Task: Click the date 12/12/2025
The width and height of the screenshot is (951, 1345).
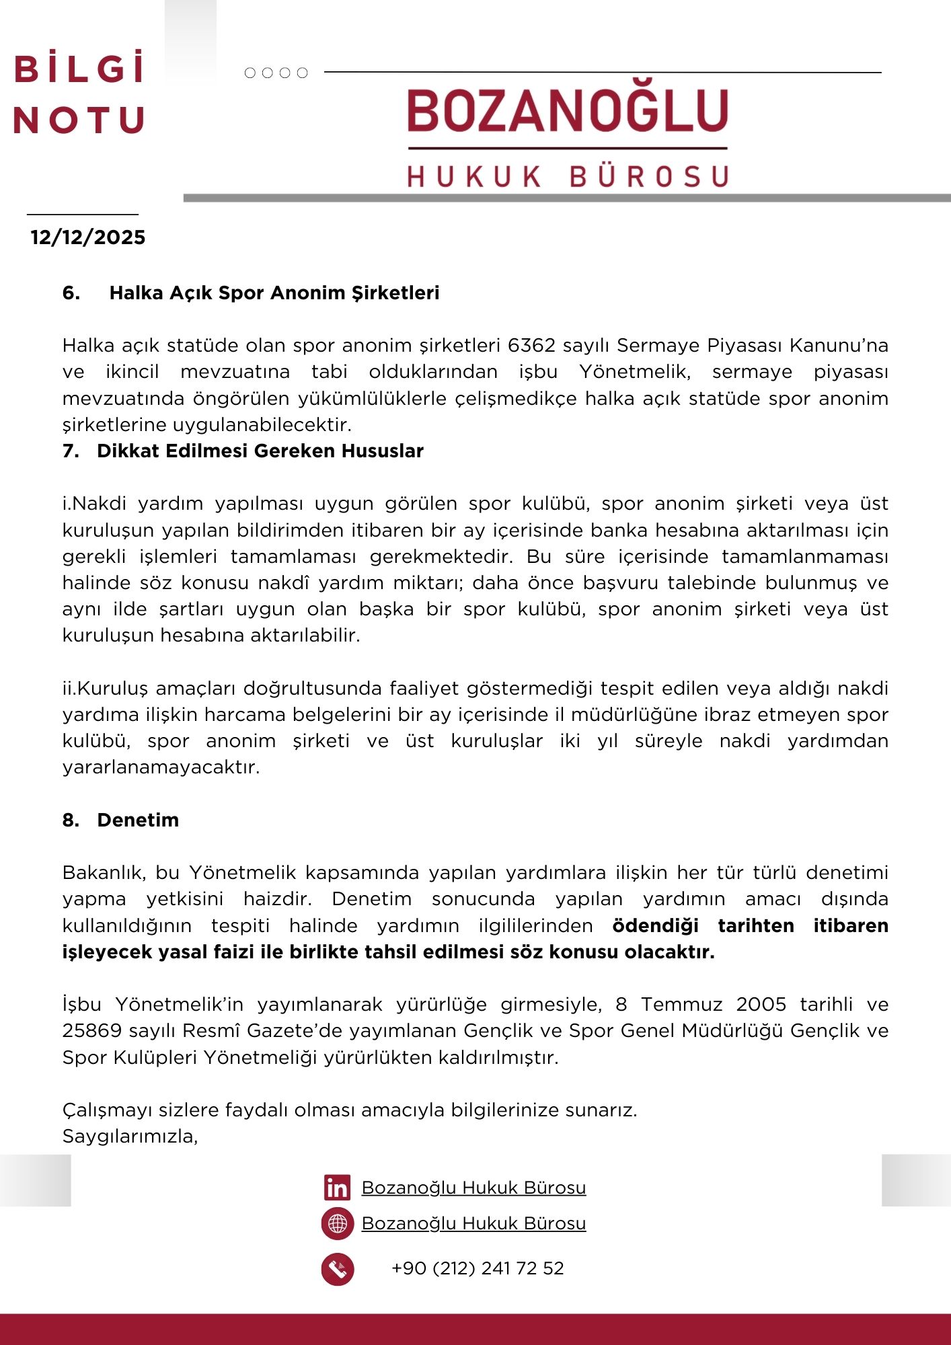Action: coord(87,237)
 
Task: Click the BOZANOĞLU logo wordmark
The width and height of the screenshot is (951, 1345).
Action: coord(568,111)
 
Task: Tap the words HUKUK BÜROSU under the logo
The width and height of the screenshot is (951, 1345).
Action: coord(568,176)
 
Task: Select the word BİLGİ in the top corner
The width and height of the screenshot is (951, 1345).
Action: coord(79,69)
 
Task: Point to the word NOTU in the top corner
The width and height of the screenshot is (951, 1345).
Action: coord(79,121)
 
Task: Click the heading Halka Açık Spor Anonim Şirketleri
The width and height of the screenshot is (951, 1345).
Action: coord(274,293)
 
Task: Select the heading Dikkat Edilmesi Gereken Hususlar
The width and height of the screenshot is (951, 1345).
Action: coord(260,451)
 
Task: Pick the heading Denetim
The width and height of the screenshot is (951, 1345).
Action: coord(138,820)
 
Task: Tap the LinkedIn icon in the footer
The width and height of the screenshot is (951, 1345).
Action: coord(337,1188)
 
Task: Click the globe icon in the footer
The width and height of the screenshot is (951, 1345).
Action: coord(338,1224)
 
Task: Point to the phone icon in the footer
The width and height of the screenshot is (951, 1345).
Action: coord(338,1270)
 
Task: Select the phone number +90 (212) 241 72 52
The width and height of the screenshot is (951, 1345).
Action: coord(478,1269)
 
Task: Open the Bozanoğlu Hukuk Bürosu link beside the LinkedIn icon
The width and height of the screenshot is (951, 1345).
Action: coord(473,1188)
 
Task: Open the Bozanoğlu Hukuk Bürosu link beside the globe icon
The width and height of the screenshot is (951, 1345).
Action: coord(473,1224)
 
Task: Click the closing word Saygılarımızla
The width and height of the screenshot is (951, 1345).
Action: coord(130,1137)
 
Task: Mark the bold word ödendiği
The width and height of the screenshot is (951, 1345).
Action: coord(655,926)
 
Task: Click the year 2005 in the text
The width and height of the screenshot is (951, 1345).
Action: coord(761,1005)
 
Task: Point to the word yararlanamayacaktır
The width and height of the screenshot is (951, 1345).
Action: coord(161,767)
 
